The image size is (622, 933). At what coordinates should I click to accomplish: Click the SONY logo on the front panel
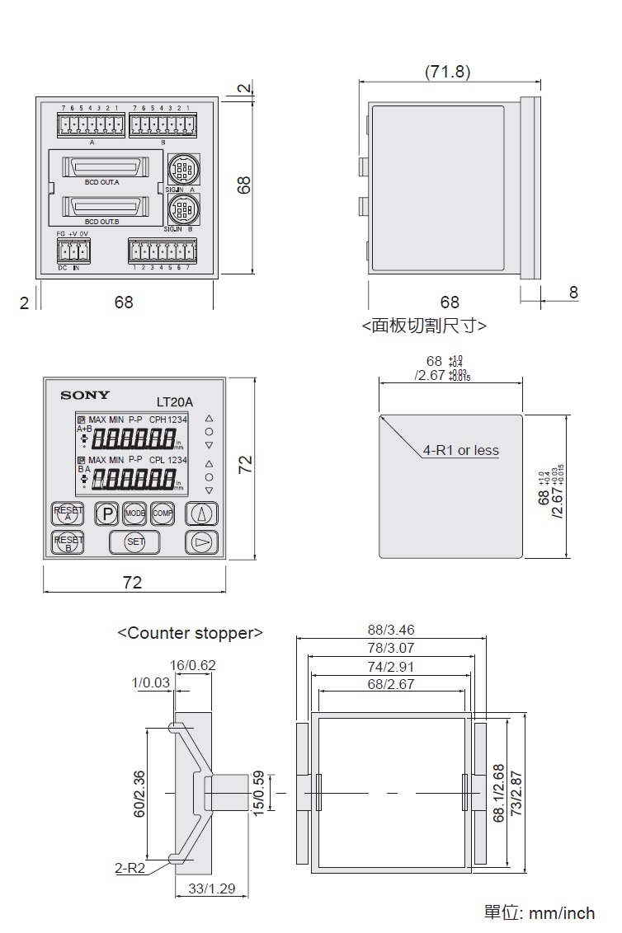(x=84, y=396)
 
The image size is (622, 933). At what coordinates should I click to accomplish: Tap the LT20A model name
(x=174, y=402)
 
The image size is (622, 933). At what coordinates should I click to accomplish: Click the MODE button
(x=134, y=513)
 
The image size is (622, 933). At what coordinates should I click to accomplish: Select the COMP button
(x=162, y=513)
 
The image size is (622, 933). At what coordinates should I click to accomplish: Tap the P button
(x=107, y=513)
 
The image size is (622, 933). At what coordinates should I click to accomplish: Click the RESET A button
(x=68, y=513)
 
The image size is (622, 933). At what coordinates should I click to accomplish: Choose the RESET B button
(x=68, y=542)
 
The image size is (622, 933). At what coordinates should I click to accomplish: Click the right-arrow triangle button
(x=201, y=542)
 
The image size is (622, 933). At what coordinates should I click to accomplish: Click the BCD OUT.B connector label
(x=102, y=222)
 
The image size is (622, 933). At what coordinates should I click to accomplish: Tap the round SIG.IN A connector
(x=181, y=171)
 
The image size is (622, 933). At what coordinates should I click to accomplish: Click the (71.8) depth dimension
(x=448, y=72)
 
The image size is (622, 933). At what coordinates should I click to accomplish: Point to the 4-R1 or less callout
(x=461, y=450)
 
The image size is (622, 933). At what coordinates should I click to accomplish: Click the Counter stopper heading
(x=190, y=633)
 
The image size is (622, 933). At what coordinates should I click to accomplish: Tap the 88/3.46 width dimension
(x=391, y=631)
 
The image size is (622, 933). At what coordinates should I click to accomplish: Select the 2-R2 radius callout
(x=130, y=867)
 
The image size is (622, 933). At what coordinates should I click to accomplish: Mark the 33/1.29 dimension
(x=213, y=888)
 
